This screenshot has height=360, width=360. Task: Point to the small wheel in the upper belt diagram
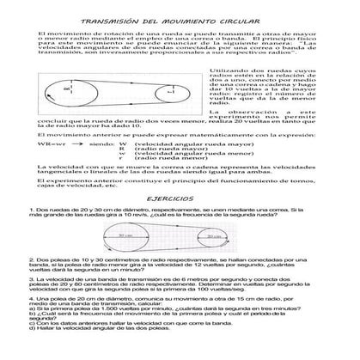170,89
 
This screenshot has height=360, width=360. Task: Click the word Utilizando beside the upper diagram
229,65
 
